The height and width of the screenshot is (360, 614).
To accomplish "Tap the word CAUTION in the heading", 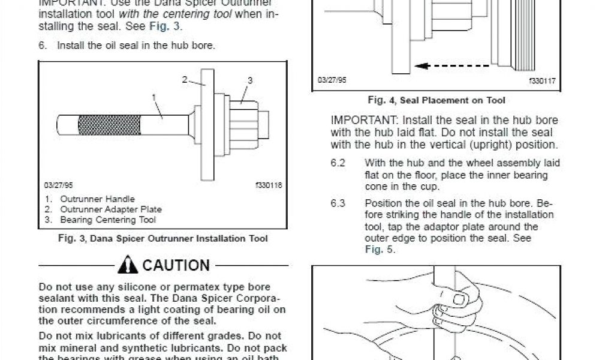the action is point(176,265).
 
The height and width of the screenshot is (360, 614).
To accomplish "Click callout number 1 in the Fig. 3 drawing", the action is point(154,96).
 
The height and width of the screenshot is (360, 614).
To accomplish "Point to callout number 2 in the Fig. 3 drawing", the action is point(185,79).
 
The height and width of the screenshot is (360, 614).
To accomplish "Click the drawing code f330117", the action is point(542,80).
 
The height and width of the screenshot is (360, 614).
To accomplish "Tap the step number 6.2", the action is point(338,163).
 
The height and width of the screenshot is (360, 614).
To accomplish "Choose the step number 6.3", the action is point(338,203).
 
